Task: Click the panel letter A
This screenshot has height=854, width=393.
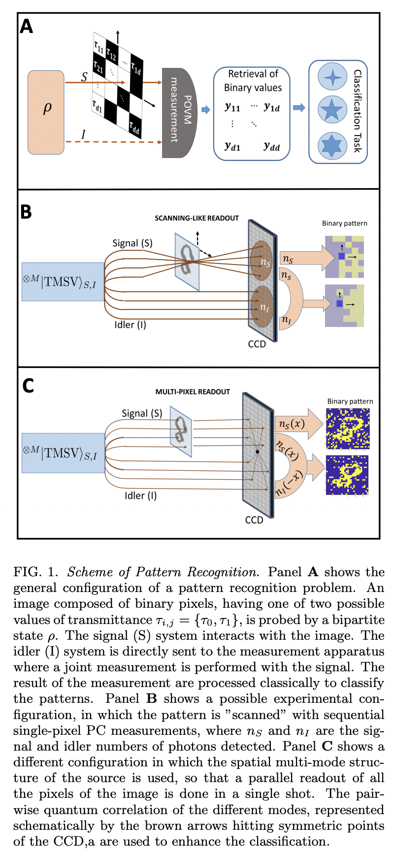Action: pos(26,25)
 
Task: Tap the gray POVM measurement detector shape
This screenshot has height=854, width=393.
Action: pos(178,113)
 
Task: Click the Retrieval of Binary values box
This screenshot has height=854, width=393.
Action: pos(252,113)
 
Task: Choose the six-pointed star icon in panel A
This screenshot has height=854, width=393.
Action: pos(333,145)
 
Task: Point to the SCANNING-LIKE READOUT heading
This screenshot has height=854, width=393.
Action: pos(196,218)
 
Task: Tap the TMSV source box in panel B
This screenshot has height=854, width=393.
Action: pos(63,282)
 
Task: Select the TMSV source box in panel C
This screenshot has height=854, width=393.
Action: pos(63,453)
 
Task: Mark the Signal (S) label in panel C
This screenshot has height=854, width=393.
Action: pos(142,414)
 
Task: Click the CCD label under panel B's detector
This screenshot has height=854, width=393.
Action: pos(257,344)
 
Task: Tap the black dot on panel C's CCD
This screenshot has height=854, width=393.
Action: pos(257,452)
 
